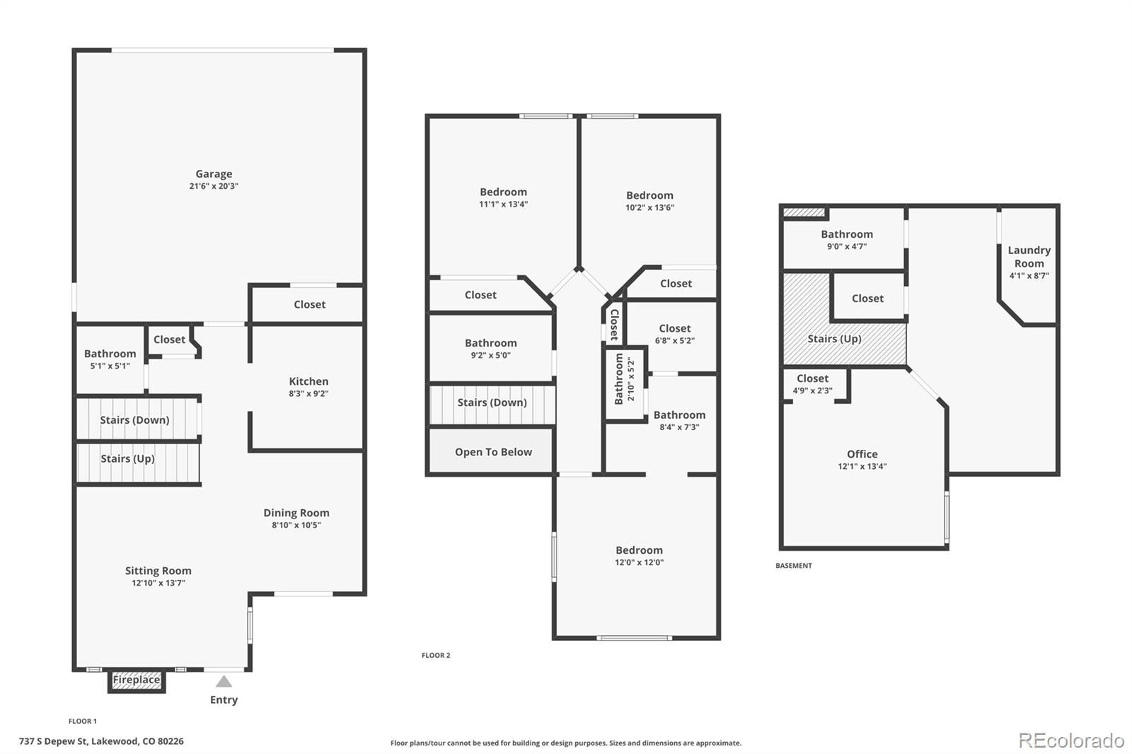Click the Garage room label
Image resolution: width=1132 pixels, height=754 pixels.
click(214, 174)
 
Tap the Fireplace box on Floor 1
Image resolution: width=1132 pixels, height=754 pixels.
click(137, 680)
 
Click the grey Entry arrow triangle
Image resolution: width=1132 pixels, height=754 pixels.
click(224, 681)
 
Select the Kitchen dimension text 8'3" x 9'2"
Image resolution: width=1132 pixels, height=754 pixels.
click(308, 394)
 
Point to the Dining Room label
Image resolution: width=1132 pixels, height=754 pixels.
click(296, 512)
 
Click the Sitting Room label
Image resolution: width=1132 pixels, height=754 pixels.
click(158, 571)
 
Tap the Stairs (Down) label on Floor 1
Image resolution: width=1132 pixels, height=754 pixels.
click(134, 420)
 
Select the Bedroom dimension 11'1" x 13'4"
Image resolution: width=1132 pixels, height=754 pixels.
click(503, 204)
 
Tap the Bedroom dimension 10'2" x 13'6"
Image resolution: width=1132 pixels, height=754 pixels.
click(650, 207)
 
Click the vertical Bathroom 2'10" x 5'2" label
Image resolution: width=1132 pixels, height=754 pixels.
click(625, 379)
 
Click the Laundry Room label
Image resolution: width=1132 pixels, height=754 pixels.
click(1029, 257)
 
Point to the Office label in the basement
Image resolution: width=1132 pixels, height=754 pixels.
click(862, 454)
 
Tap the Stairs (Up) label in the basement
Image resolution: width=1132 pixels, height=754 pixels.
click(834, 339)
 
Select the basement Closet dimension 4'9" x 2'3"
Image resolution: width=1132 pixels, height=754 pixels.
click(813, 390)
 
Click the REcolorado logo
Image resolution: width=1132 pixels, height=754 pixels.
click(1071, 741)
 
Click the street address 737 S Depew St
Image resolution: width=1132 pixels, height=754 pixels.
click(54, 741)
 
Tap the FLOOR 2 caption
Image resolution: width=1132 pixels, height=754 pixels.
click(436, 656)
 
